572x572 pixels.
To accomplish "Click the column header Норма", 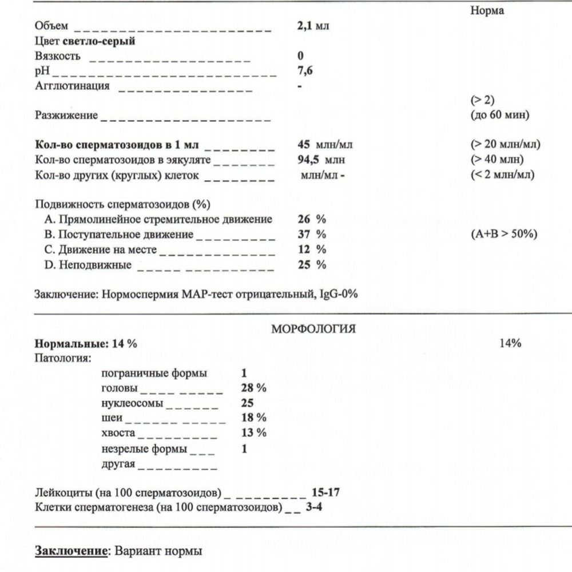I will point(487,11).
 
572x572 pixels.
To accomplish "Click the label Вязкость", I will point(58,56).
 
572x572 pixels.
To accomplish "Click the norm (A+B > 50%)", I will point(504,235).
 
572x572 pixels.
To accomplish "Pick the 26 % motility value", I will point(312,220).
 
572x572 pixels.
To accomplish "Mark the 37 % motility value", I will point(312,235).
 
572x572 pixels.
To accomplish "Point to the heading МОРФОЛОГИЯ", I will point(314,329).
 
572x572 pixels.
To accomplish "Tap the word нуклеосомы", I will point(131,403).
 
